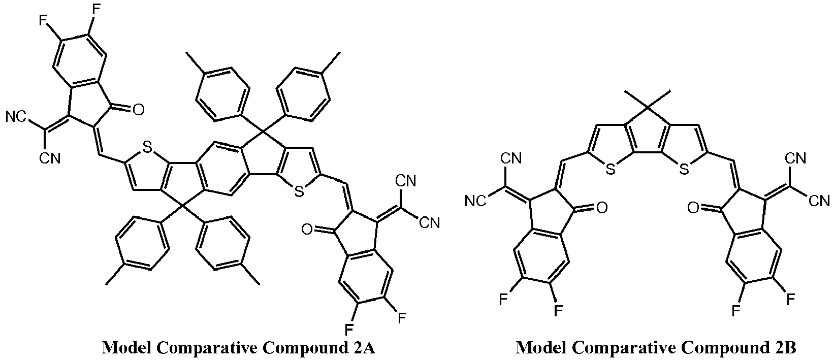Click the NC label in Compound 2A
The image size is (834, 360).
pos(16,118)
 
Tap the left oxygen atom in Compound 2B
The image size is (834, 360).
pos(602,208)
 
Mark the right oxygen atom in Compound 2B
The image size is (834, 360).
pos(693,208)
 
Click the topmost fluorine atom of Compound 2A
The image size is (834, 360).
pos(96,9)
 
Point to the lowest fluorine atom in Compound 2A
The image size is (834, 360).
pos(349,330)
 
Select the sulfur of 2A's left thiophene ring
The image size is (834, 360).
pos(147,147)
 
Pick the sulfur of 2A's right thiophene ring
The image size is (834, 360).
pos(299,192)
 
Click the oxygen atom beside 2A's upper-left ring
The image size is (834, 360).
pos(138,110)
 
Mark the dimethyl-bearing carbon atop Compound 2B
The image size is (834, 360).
pos(647,108)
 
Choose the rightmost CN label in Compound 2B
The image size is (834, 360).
pos(819,202)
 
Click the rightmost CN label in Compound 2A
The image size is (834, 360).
pos(430,223)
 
